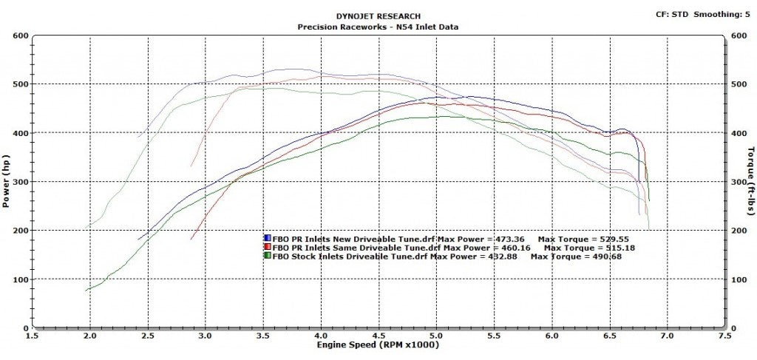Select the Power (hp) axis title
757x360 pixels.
point(7,181)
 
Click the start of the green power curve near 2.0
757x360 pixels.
point(88,290)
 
